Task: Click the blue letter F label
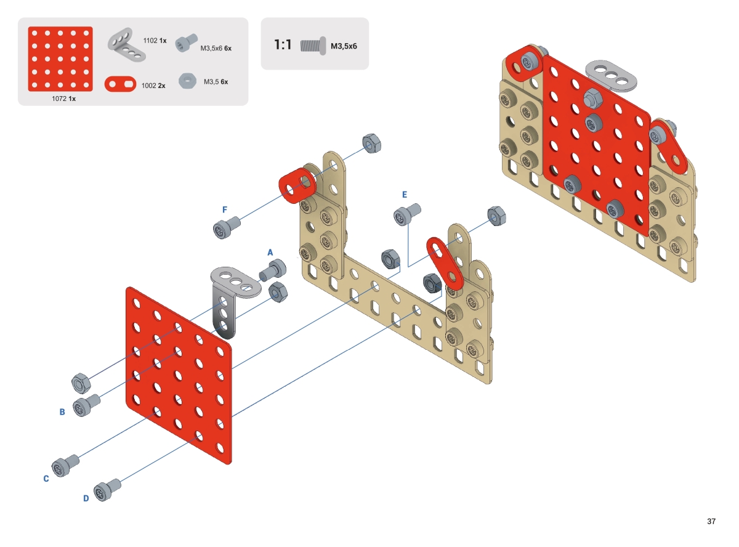225,209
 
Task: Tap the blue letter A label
270,253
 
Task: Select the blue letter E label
405,195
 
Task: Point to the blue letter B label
62,412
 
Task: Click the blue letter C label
46,479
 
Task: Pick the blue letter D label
86,498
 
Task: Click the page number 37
711,521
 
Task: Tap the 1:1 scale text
283,45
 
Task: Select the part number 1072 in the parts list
59,99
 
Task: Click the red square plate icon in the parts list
60,59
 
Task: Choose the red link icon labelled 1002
120,84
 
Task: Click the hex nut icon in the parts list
187,81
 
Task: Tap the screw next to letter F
227,227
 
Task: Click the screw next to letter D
107,490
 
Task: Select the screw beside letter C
65,466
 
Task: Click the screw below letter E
407,214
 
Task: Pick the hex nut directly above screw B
81,383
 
